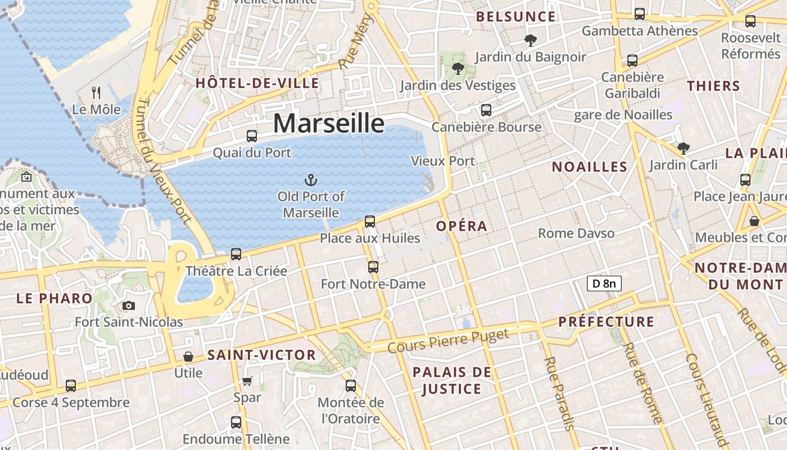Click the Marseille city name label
click(329, 123)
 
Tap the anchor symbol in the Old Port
click(311, 180)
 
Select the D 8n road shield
click(604, 283)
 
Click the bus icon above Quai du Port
click(252, 136)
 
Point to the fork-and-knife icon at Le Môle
click(96, 92)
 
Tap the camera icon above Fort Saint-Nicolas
click(129, 305)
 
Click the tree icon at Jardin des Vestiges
click(458, 69)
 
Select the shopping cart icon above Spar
click(247, 381)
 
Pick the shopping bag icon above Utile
click(188, 357)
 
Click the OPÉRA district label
click(462, 226)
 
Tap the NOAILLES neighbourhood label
click(589, 166)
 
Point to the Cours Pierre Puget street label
click(448, 341)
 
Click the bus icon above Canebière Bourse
click(486, 110)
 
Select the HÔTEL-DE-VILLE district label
click(257, 83)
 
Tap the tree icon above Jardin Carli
click(684, 148)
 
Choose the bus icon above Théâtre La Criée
click(236, 254)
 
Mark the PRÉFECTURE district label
click(606, 322)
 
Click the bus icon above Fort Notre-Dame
click(373, 267)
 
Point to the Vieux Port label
click(443, 161)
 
